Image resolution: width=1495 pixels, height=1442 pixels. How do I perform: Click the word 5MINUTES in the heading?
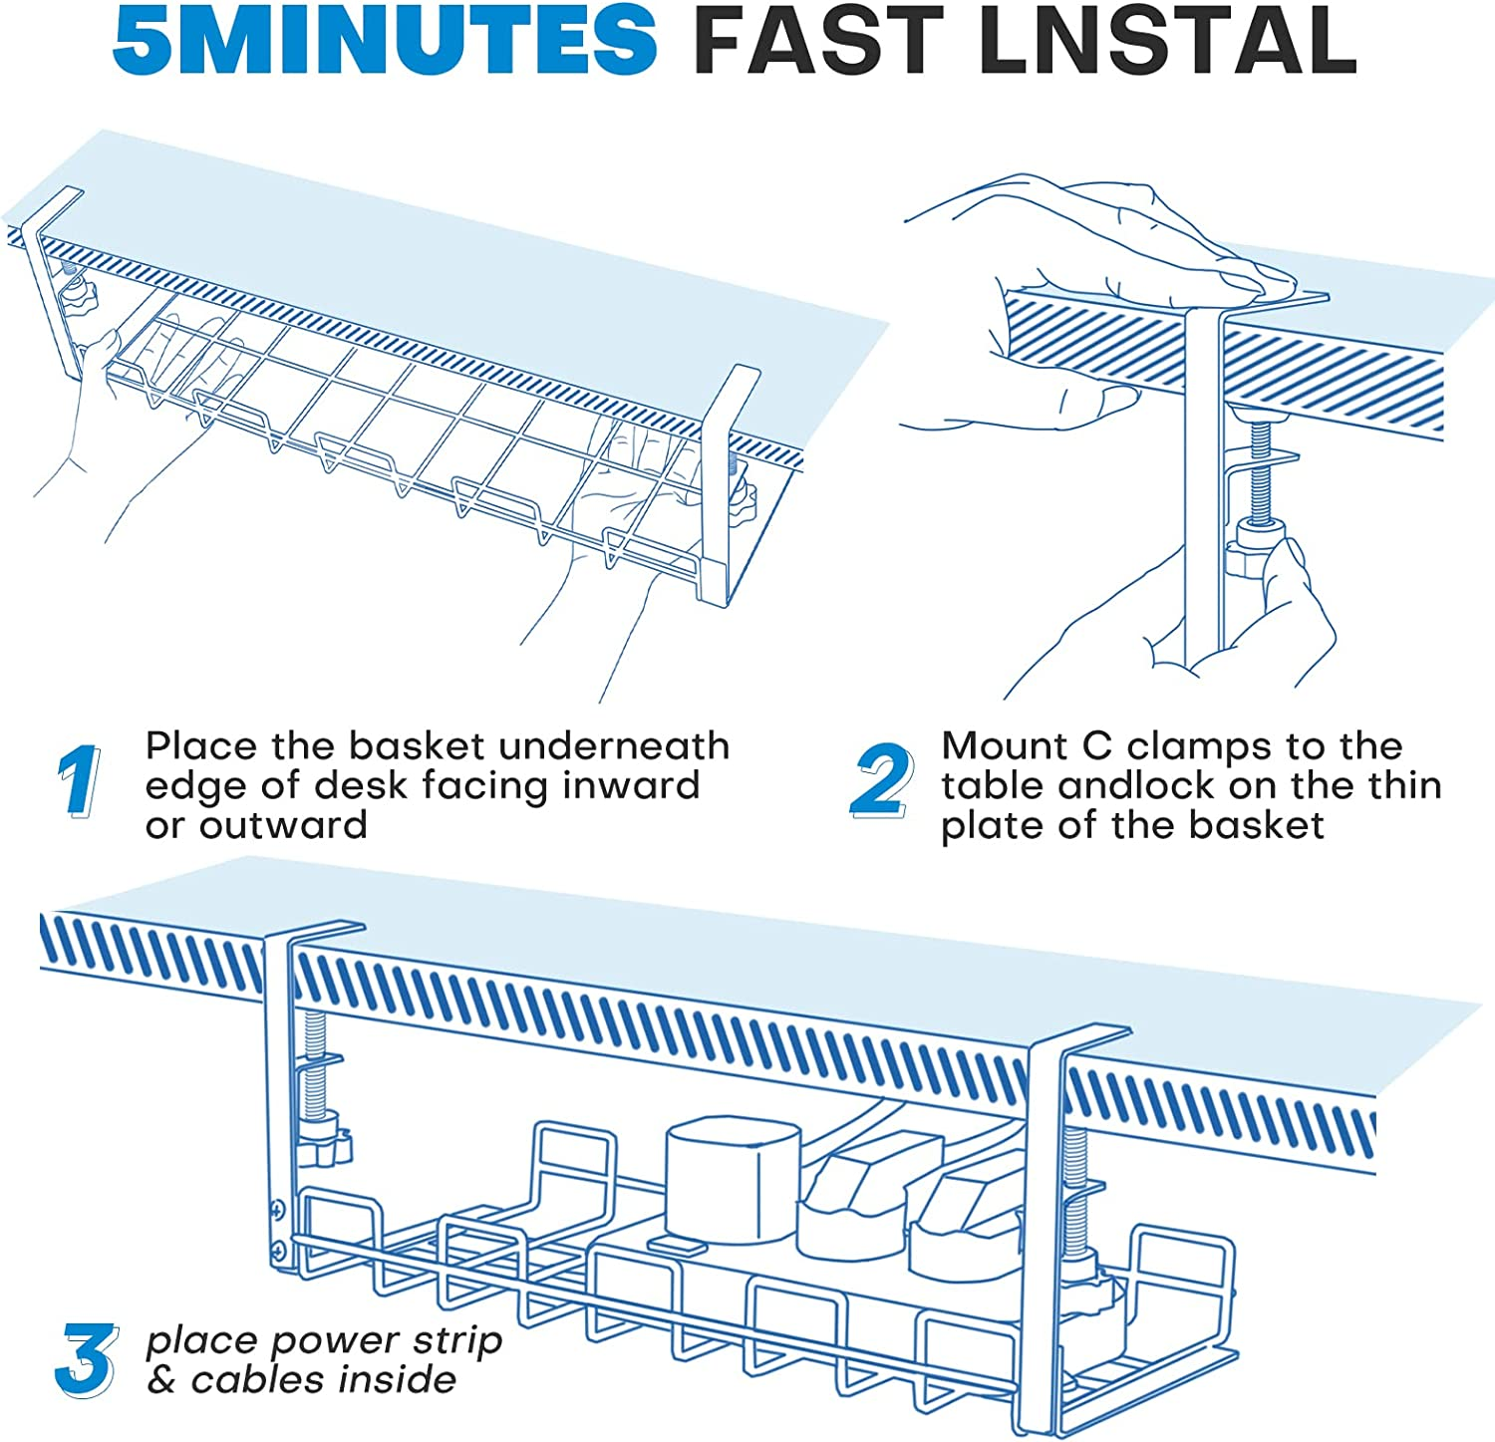385,39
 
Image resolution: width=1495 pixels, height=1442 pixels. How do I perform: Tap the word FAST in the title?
817,39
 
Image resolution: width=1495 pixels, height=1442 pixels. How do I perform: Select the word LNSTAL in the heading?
1167,39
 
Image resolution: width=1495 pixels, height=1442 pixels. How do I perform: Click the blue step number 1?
79,780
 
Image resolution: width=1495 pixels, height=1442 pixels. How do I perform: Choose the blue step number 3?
87,1358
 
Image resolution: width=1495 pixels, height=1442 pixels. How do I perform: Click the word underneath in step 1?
614,745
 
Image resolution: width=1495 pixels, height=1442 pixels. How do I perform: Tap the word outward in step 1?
283,825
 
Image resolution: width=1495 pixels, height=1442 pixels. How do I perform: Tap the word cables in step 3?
259,1380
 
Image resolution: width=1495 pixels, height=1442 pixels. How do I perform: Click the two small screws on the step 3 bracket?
278,1229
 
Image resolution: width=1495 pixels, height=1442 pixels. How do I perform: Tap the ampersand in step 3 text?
160,1380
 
